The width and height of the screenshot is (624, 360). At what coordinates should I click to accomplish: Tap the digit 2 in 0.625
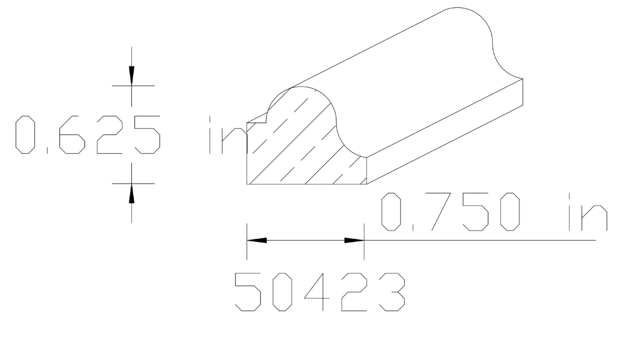109,135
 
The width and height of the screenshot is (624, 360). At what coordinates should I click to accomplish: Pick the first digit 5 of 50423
250,293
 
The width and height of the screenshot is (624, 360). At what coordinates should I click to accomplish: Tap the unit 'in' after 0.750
585,211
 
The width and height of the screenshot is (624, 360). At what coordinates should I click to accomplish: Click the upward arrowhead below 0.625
132,193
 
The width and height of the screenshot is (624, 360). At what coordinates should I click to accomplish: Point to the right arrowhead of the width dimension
354,241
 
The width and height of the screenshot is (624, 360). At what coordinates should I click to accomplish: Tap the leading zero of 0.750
391,211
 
